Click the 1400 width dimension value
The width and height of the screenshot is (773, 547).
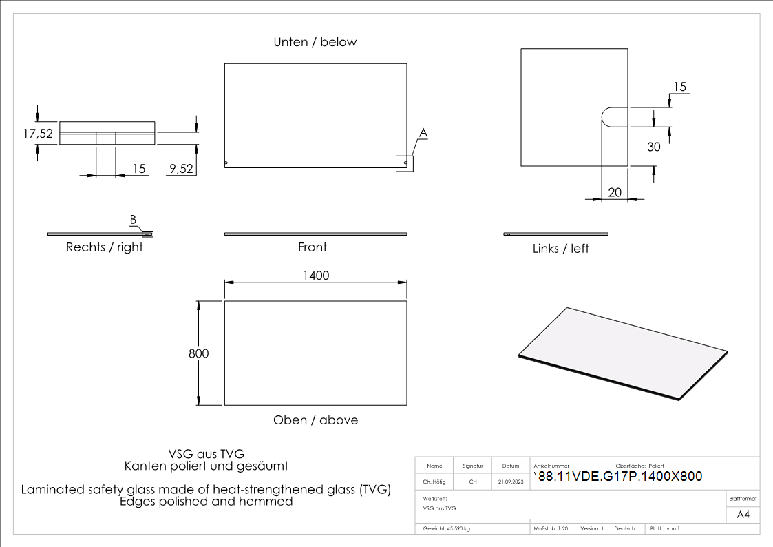pyautogui.click(x=316, y=276)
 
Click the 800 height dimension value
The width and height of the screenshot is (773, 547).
pyautogui.click(x=198, y=353)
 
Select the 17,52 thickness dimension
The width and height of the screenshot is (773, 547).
pyautogui.click(x=38, y=134)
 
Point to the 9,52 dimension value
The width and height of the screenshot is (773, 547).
pyautogui.click(x=181, y=168)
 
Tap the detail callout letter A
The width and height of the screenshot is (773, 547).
pyautogui.click(x=423, y=132)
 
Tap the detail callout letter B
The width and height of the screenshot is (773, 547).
pyautogui.click(x=133, y=220)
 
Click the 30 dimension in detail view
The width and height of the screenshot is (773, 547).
pyautogui.click(x=653, y=147)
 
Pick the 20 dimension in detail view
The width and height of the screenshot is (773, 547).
pyautogui.click(x=615, y=192)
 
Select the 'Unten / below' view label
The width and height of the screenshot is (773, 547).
pyautogui.click(x=315, y=42)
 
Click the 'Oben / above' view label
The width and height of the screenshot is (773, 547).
pyautogui.click(x=315, y=420)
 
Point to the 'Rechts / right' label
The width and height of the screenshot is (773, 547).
pyautogui.click(x=105, y=247)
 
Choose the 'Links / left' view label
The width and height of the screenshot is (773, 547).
pyautogui.click(x=560, y=248)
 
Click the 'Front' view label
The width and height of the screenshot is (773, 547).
pyautogui.click(x=313, y=247)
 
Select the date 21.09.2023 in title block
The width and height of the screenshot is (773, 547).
pyautogui.click(x=511, y=482)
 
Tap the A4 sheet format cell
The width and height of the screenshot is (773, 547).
pyautogui.click(x=743, y=515)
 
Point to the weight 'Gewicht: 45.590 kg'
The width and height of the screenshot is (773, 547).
pyautogui.click(x=446, y=528)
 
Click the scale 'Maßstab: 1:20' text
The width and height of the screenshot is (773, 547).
pyautogui.click(x=551, y=528)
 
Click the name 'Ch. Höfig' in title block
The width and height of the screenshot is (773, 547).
pyautogui.click(x=435, y=482)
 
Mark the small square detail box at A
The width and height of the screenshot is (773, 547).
pyautogui.click(x=405, y=163)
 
